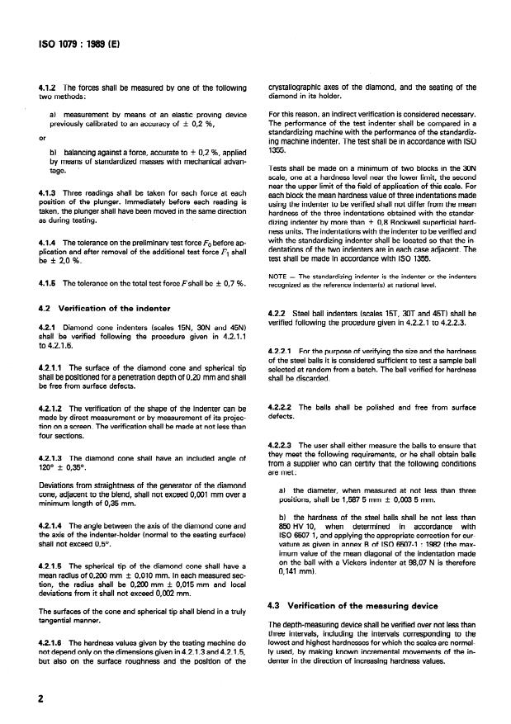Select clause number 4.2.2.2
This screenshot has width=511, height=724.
click(x=285, y=407)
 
